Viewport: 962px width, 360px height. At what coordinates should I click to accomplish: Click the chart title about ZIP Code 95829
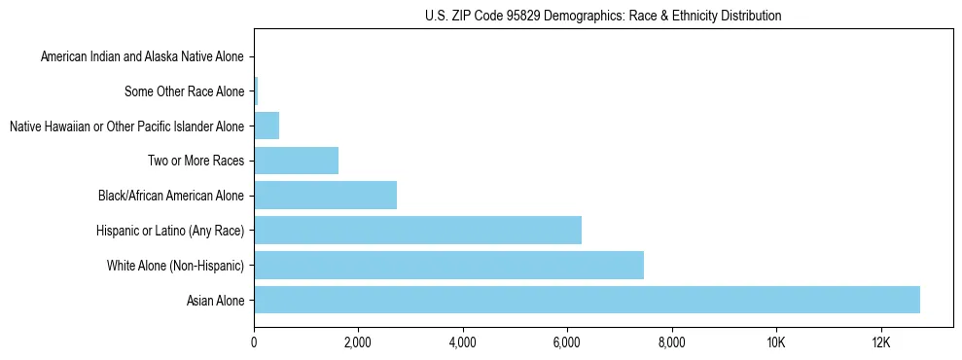tap(603, 16)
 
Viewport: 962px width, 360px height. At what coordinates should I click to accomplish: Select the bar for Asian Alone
tap(587, 300)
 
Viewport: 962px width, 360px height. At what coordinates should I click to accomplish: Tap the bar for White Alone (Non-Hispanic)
tap(448, 265)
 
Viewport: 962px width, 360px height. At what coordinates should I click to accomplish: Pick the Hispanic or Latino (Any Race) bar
tap(417, 231)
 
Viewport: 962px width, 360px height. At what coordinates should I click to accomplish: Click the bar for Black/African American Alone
tap(325, 196)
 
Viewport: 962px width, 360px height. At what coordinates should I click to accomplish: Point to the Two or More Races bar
tap(296, 161)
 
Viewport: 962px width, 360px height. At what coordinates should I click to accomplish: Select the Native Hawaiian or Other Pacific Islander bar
tap(267, 126)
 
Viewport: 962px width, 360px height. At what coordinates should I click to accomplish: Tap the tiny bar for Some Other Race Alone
tap(256, 91)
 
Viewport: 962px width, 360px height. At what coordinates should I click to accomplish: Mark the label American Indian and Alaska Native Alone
tap(142, 57)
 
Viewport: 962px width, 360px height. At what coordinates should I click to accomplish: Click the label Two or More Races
tap(196, 162)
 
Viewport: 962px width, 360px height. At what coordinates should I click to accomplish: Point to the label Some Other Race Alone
tap(185, 92)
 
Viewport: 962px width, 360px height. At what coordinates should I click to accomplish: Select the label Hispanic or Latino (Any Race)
tap(170, 231)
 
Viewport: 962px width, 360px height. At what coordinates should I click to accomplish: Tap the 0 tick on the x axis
tap(254, 342)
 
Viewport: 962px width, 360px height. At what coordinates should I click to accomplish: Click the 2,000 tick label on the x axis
tap(358, 342)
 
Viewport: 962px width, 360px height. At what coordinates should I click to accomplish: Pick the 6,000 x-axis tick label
tap(567, 342)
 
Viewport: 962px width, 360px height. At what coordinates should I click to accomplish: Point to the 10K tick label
tap(776, 342)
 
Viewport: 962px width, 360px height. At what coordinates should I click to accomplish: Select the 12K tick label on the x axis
tap(880, 342)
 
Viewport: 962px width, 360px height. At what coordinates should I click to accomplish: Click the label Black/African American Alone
tap(171, 197)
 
